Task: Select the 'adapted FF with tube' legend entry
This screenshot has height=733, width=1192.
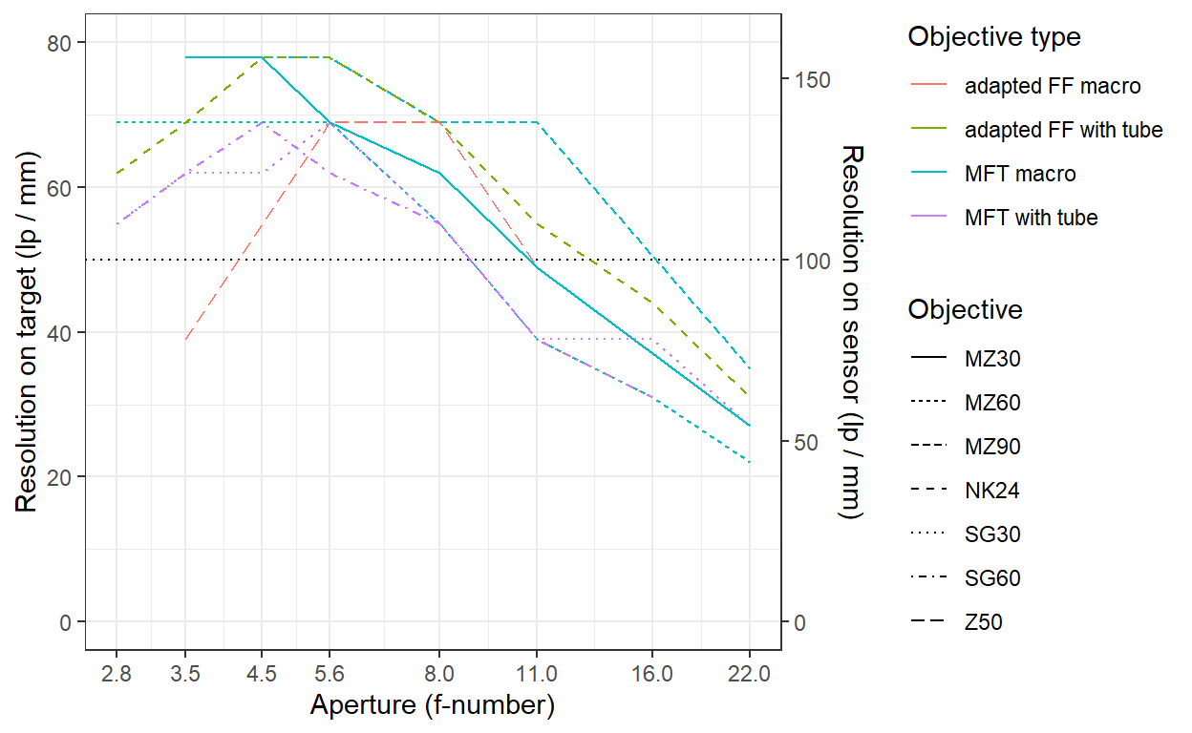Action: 1063,130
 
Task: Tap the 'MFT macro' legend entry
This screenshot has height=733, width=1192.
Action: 1020,174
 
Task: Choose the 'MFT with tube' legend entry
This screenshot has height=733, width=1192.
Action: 1031,218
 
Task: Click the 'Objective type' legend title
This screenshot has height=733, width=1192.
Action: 994,37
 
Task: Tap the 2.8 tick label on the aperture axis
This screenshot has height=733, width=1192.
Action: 116,674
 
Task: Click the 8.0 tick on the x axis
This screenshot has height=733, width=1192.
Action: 439,674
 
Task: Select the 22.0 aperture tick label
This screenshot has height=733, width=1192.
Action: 749,674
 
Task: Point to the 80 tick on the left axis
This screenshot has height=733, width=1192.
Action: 62,43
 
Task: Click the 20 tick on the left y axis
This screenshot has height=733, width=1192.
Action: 62,477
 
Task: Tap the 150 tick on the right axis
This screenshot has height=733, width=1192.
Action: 805,79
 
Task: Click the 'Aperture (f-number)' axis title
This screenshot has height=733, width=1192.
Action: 433,705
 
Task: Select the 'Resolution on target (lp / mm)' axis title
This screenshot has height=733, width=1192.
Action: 28,332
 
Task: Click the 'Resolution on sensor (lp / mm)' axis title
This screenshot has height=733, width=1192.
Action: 851,332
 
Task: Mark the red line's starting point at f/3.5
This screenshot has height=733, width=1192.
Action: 185,340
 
